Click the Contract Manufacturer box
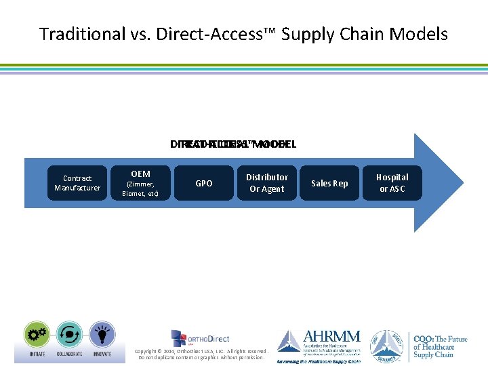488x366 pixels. pos(77,183)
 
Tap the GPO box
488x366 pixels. pos(203,183)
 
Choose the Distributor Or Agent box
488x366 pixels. pos(267,183)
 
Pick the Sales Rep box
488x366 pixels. pos(329,183)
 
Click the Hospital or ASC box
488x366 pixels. pos(392,183)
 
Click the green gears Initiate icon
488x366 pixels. pos(37,334)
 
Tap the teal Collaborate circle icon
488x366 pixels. pos(68,334)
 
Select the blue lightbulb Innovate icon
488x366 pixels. pos(100,334)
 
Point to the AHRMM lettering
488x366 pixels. pos(332,337)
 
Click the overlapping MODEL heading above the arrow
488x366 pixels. pos(234,144)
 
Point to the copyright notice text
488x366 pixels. pos(202,354)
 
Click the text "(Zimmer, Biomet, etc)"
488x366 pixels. pos(140,188)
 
